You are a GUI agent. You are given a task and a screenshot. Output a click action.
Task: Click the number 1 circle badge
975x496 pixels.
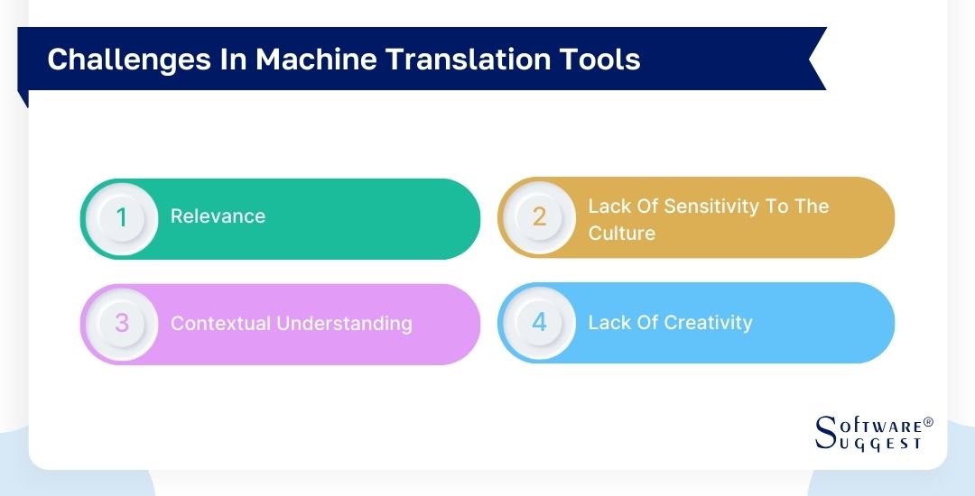tap(122, 217)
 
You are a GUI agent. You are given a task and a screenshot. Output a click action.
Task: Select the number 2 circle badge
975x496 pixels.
tap(539, 217)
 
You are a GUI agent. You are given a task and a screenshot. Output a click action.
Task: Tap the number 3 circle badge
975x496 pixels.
tap(122, 323)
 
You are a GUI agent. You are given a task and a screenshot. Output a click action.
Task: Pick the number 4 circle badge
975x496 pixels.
tap(539, 323)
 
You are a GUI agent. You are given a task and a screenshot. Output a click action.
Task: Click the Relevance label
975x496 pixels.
tap(218, 216)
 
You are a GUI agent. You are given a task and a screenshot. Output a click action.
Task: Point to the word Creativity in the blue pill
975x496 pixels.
tap(707, 323)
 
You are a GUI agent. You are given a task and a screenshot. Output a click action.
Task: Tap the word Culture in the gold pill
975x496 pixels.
tap(621, 233)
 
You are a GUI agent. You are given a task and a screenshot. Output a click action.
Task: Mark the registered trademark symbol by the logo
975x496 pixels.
tap(928, 422)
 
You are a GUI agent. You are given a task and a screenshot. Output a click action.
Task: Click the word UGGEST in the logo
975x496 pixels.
tap(881, 444)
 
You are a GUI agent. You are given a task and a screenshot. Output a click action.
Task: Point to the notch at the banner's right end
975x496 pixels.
tap(815, 59)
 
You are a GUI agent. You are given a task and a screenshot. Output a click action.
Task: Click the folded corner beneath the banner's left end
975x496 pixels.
tap(23, 98)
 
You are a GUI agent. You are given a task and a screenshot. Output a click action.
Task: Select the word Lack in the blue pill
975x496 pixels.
tap(608, 323)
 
